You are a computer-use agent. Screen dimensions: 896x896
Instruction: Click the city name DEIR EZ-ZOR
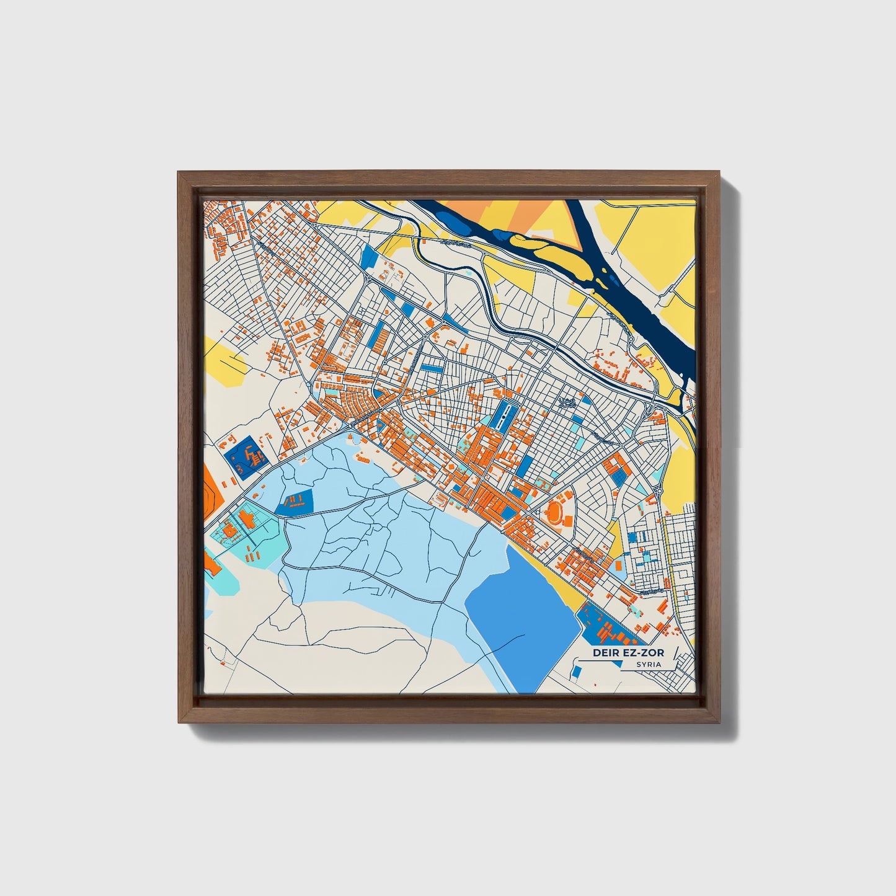tap(628, 652)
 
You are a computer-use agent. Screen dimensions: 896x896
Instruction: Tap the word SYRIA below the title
tap(648, 664)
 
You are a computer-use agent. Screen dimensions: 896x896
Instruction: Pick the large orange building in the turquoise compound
tap(229, 531)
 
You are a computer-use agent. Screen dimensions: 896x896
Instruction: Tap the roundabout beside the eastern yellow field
tap(659, 491)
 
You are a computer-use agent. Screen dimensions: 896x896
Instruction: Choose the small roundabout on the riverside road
tap(631, 340)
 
